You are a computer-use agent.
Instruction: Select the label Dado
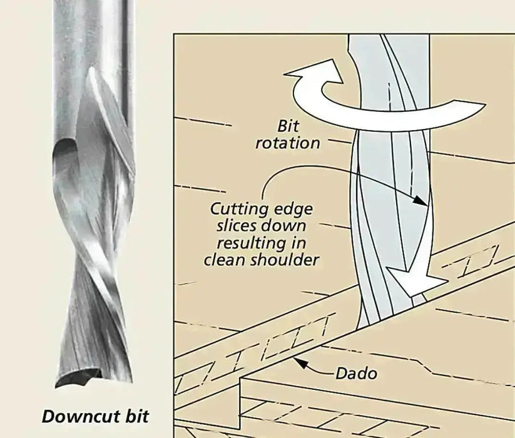357,374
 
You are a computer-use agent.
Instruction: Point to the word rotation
288,143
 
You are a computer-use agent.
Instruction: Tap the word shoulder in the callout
285,259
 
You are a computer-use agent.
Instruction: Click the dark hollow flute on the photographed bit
66,156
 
